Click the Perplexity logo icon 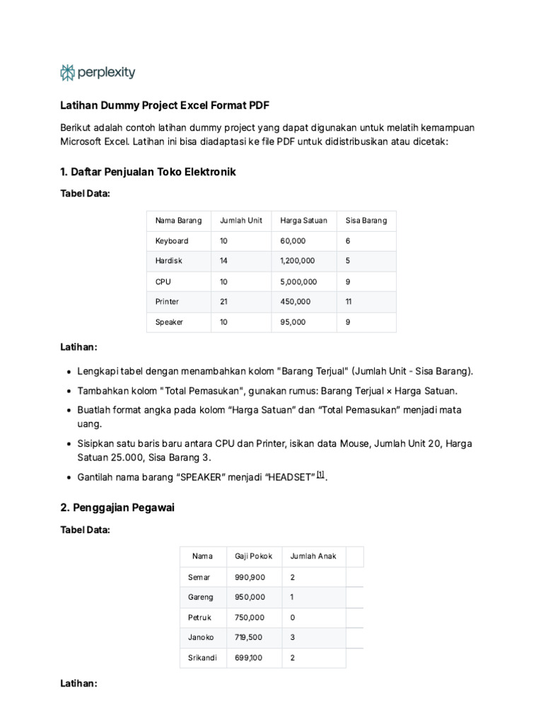tap(68, 72)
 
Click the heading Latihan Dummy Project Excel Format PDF tap(165, 105)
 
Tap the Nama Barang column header tap(178, 221)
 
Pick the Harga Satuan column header tap(303, 221)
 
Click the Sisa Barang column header tap(366, 221)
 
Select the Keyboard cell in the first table tap(172, 241)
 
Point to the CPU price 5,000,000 tap(298, 281)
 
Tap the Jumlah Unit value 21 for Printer tap(223, 302)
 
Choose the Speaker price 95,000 tap(293, 322)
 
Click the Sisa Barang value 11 tap(349, 302)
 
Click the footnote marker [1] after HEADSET tap(321, 475)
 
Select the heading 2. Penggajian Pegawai tap(117, 508)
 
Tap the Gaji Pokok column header tap(253, 556)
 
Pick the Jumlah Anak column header tap(313, 556)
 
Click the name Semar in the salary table tap(199, 578)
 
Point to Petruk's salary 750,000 tap(250, 618)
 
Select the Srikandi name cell tap(202, 658)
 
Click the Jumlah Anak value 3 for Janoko tap(293, 638)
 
